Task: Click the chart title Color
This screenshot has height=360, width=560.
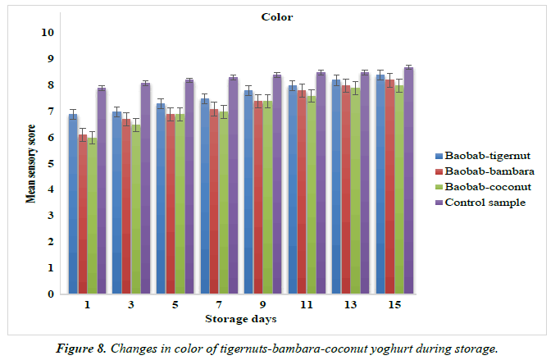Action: [277, 16]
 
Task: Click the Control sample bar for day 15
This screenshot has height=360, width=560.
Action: [408, 180]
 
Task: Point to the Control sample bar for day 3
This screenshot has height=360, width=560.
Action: [145, 188]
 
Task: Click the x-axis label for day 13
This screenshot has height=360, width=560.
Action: [350, 303]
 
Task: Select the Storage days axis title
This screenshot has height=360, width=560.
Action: [241, 318]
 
